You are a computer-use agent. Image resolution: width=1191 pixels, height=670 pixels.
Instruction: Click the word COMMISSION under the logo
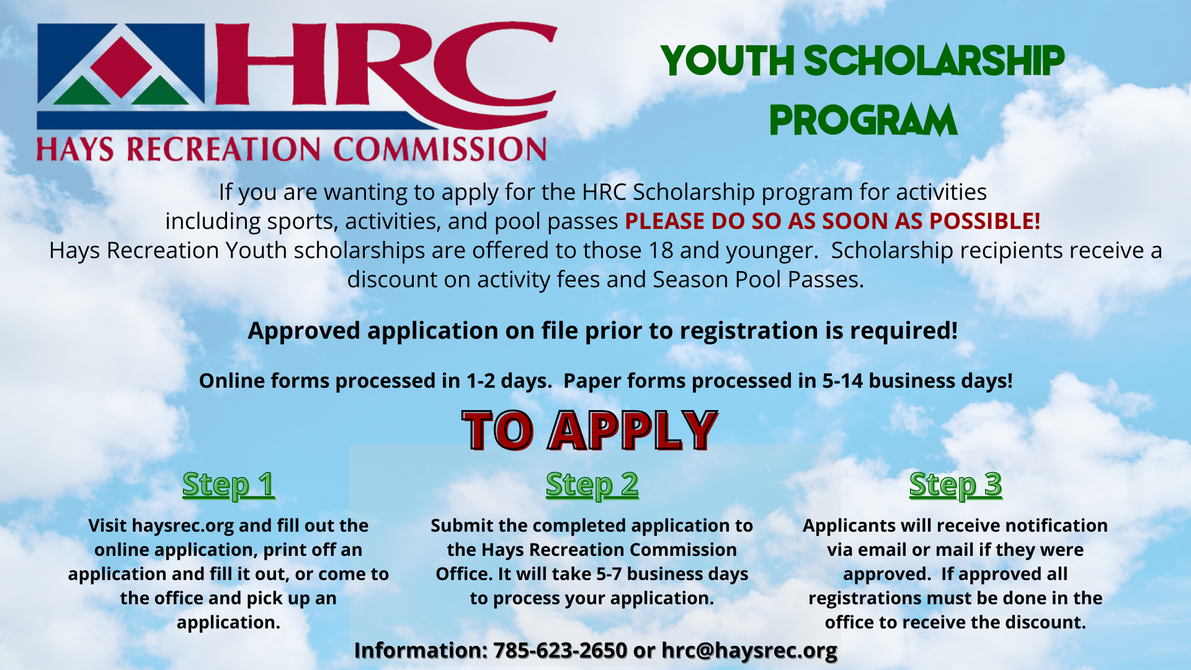pyautogui.click(x=440, y=150)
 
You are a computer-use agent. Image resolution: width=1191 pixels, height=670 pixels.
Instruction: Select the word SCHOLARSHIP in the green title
pyautogui.click(x=934, y=61)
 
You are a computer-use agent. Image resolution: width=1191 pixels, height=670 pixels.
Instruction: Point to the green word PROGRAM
pyautogui.click(x=863, y=120)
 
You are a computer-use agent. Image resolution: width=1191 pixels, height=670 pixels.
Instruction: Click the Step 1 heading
pyautogui.click(x=228, y=485)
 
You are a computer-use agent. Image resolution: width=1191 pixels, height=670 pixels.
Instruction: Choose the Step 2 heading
pyautogui.click(x=592, y=485)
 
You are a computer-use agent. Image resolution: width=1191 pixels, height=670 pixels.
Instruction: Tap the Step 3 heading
pyautogui.click(x=955, y=485)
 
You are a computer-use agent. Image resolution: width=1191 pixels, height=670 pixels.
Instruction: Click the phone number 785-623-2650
pyautogui.click(x=560, y=650)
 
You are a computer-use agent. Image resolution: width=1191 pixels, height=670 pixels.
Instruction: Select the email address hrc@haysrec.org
pyautogui.click(x=749, y=650)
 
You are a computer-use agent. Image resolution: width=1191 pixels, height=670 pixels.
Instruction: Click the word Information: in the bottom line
pyautogui.click(x=421, y=650)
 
